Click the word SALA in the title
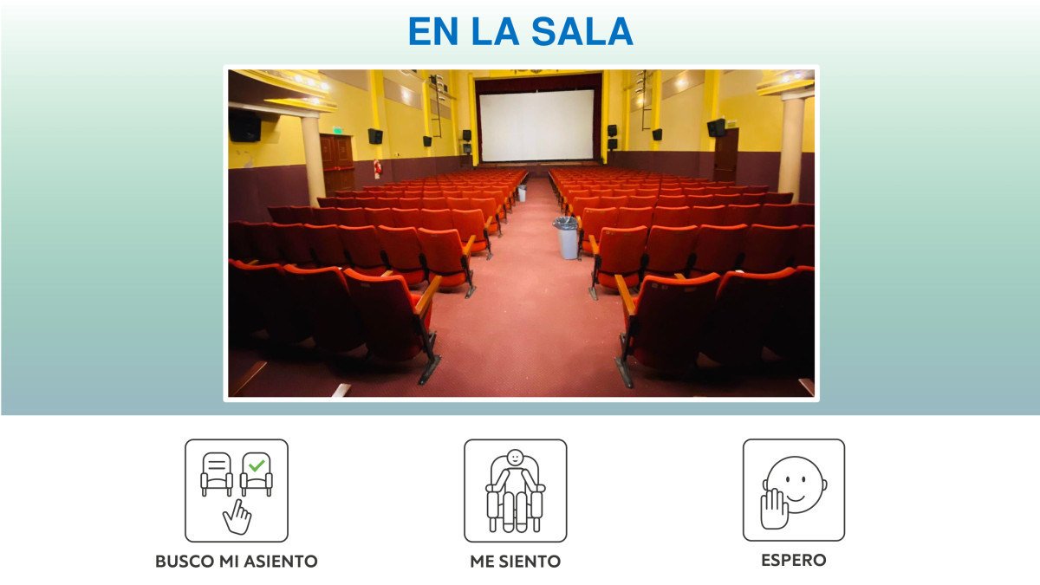pos(582,31)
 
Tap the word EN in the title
pos(433,31)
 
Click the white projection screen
pos(536,126)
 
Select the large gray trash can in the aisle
pos(566,237)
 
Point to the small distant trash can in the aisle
pos(522,192)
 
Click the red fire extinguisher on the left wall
pos(378,168)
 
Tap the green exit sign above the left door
pos(337,131)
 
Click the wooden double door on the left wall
pos(337,163)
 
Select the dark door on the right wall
pos(725,155)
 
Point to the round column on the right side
pos(791,148)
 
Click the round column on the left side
pos(313,160)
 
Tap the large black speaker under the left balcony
pos(244,126)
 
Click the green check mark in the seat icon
pos(257,465)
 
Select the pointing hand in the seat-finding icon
pos(237,517)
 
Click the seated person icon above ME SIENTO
pos(516,491)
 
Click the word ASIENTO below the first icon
pos(281,562)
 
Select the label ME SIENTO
pos(516,562)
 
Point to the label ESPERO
pos(794,560)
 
